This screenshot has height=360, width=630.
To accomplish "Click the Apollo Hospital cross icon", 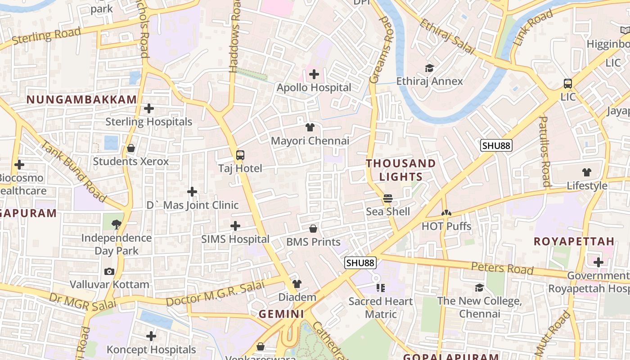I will coord(314,74).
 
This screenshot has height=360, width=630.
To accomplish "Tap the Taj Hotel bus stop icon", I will coord(240,155).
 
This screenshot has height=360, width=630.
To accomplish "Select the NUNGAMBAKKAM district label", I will coord(81,100).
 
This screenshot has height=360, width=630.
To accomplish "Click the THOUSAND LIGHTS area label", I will coord(401,170).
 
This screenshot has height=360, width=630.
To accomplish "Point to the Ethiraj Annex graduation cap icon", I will coord(429,68).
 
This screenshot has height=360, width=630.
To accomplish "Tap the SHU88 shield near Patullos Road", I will coord(496,145).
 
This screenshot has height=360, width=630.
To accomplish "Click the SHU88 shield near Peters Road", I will coord(360,263).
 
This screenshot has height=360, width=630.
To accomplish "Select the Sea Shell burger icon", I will coord(387,198).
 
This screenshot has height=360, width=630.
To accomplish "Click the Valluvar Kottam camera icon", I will coord(109,271).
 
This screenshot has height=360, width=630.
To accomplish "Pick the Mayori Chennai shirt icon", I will coord(310,127).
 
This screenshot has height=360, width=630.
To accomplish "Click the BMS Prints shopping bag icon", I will coord(313,229).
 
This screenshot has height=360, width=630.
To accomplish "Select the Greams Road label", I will coord(381,49).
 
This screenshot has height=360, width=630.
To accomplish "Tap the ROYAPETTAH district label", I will coord(574,241).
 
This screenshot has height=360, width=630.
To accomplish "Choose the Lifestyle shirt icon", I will coord(587,172).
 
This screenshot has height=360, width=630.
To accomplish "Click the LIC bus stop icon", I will coord(568,84).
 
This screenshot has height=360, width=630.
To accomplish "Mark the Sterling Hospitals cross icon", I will coord(149,108).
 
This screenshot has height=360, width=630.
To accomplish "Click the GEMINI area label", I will coord(281,314).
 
